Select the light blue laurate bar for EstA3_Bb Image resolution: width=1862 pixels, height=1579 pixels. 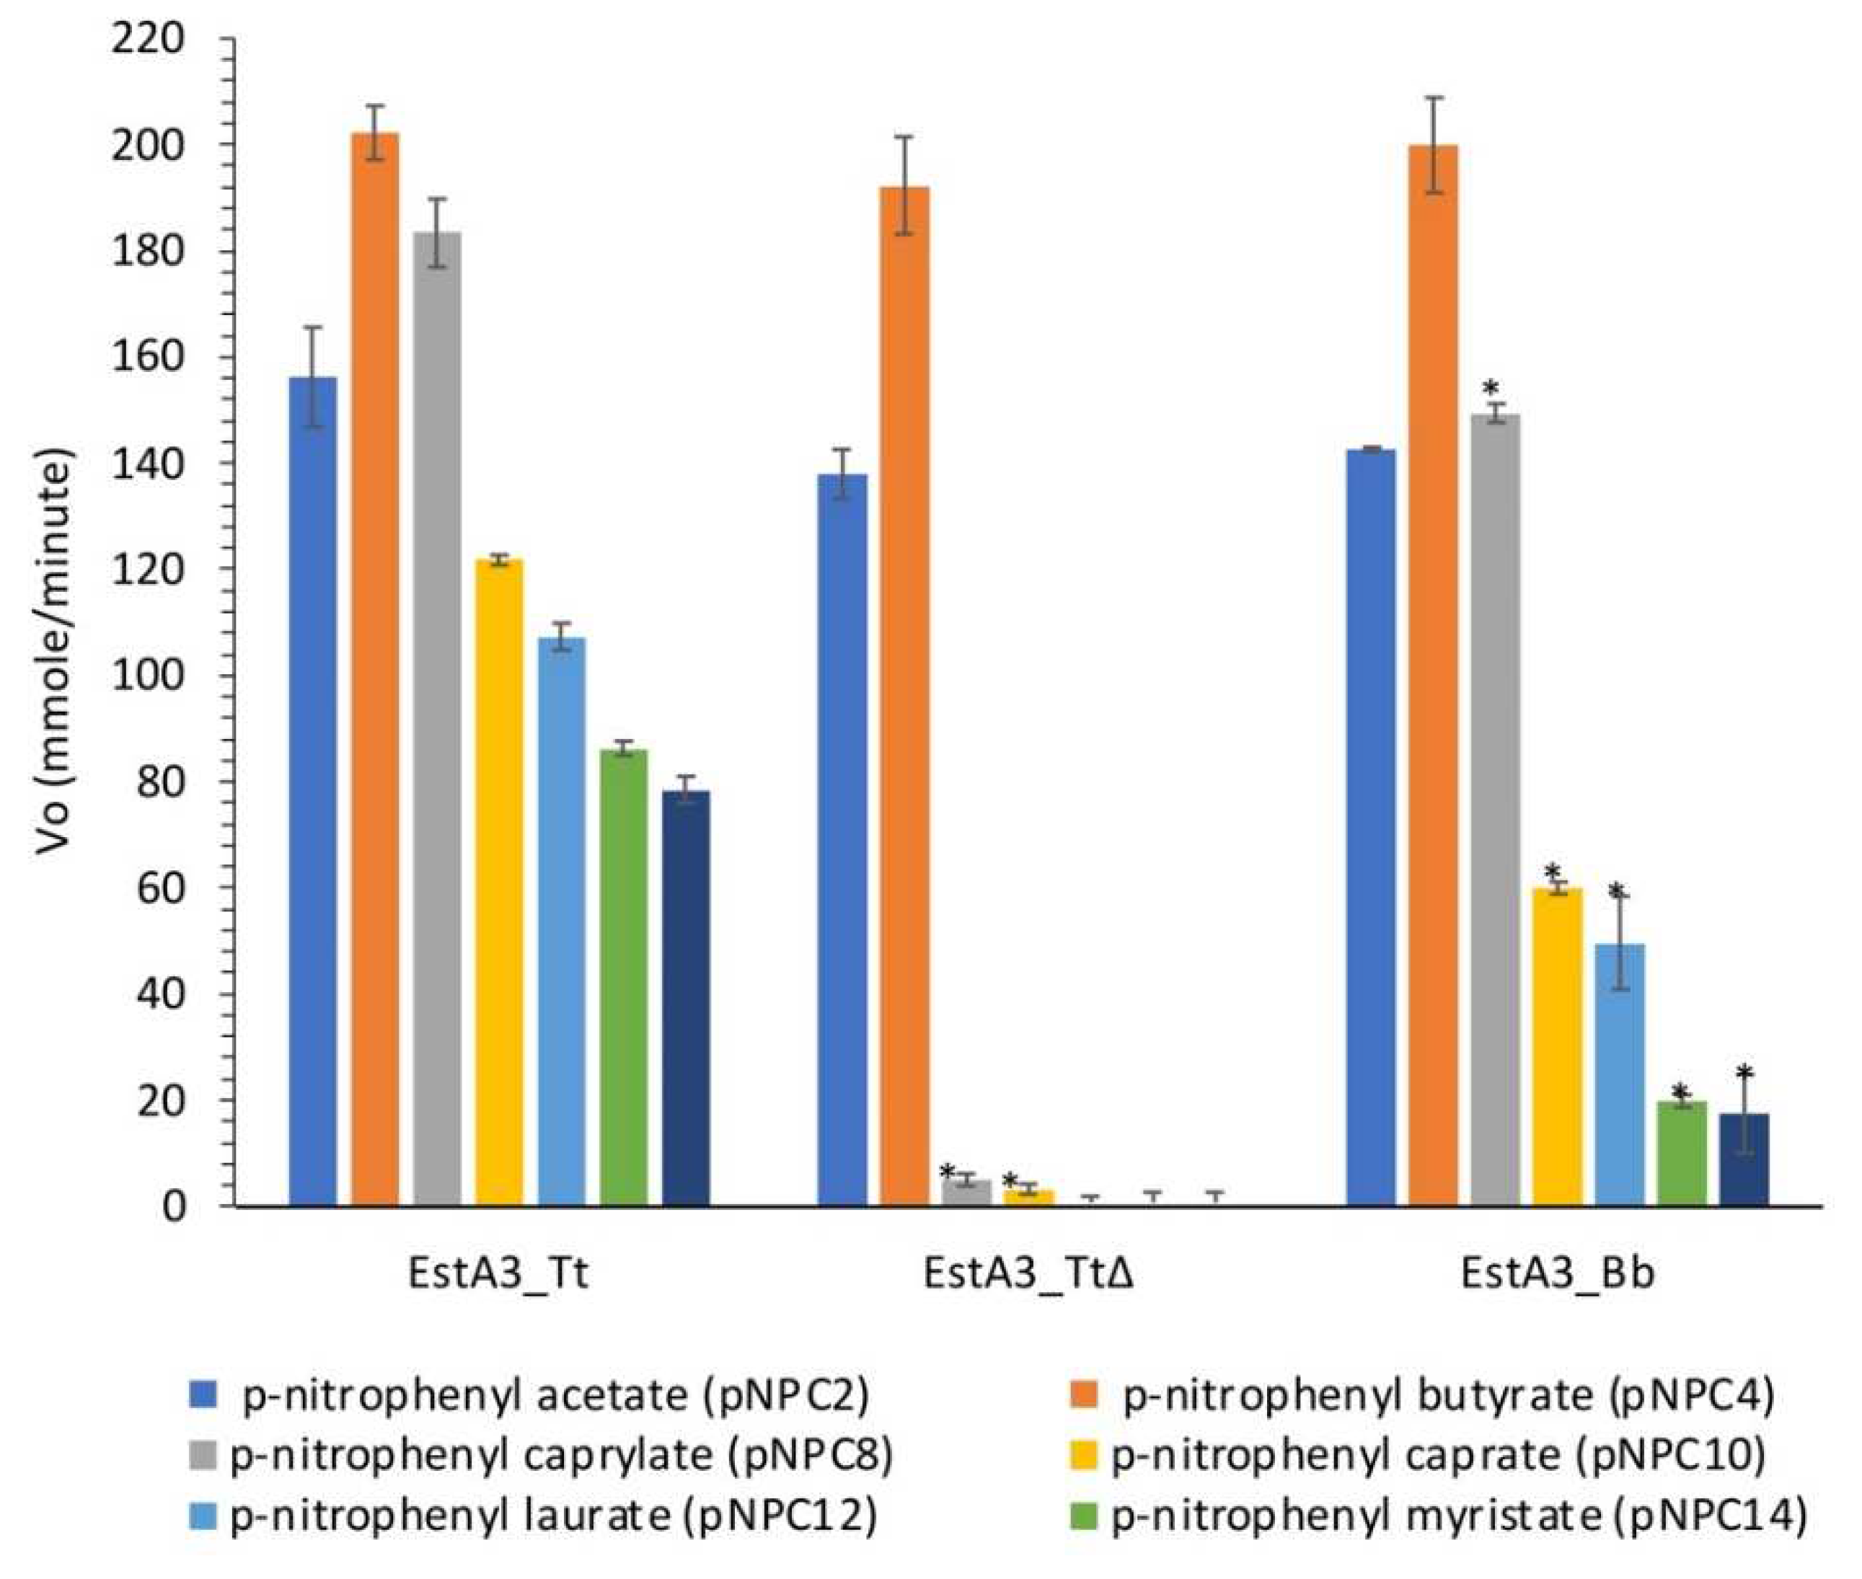point(1620,1074)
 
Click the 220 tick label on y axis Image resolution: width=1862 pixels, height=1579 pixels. point(148,40)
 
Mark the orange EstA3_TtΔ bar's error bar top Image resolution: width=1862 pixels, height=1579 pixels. point(905,137)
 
